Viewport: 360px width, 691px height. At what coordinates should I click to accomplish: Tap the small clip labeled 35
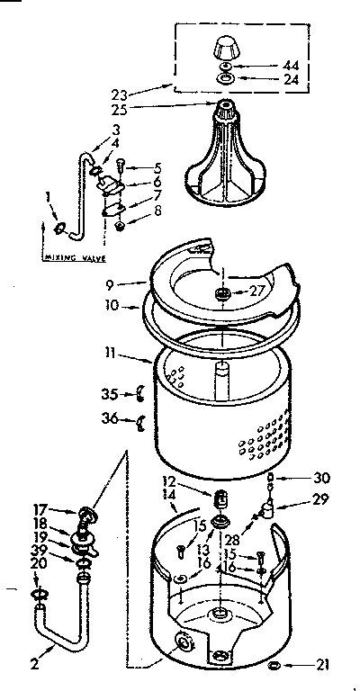point(139,391)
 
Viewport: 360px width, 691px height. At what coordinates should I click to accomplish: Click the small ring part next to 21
point(275,665)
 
